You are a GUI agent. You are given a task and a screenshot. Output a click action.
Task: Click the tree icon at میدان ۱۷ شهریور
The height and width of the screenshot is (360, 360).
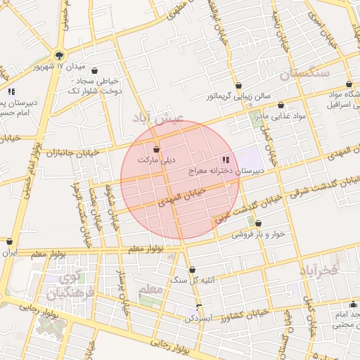point(58,56)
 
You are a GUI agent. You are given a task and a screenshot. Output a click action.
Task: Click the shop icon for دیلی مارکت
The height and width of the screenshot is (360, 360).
point(156,149)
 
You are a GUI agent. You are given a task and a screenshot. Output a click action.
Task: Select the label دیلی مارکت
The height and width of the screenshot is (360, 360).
point(155,160)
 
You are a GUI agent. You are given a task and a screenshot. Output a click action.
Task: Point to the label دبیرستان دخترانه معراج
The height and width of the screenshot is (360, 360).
point(226,171)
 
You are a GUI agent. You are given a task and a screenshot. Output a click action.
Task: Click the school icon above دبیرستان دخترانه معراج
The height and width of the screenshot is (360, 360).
point(225,160)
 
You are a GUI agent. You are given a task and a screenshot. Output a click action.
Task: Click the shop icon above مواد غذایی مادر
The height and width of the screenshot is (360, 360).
point(281,105)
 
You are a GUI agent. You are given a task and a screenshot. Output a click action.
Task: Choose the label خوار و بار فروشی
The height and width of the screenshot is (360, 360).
point(258,235)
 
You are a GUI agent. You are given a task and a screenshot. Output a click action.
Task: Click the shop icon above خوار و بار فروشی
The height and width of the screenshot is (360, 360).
point(258,224)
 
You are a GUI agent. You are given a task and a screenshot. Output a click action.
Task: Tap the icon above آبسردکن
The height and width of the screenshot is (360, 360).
point(200,307)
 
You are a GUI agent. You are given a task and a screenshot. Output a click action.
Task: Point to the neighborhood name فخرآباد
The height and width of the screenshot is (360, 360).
point(318,269)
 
